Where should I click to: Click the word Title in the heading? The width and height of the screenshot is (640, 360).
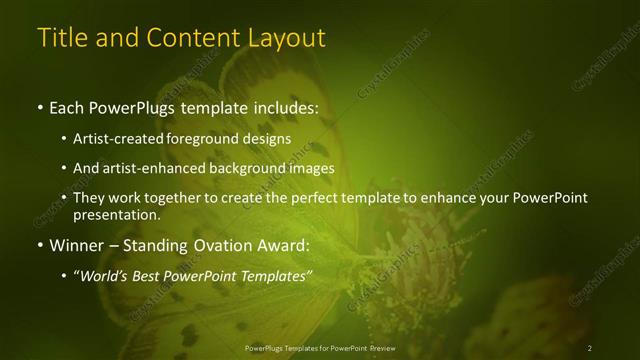point(61,38)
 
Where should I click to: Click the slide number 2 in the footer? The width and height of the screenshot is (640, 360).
point(590,348)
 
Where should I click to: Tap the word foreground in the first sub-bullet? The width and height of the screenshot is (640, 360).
point(217,139)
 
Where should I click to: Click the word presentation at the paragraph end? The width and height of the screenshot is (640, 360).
point(116,215)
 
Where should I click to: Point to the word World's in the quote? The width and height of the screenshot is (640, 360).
point(109,273)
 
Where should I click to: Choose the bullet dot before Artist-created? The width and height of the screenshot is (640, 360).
point(64,139)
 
